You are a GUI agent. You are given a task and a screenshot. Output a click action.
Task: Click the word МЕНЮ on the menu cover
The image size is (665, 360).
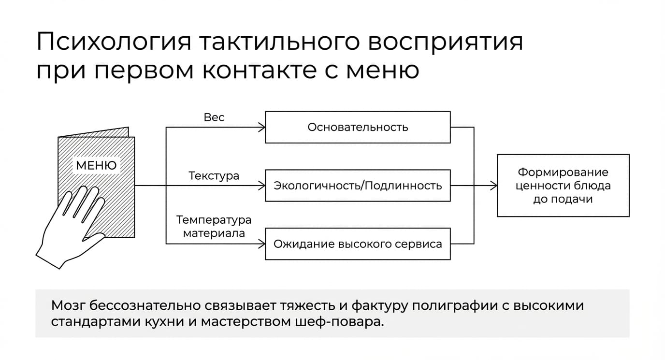tap(96, 165)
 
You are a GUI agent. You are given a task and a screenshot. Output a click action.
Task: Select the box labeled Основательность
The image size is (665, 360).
tap(358, 127)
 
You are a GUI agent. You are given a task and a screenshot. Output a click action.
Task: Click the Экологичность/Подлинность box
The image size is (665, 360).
tap(358, 186)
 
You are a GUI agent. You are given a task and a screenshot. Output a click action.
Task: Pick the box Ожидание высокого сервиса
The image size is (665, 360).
tap(358, 244)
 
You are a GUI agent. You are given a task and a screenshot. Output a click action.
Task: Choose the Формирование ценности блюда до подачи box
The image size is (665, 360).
tap(563, 186)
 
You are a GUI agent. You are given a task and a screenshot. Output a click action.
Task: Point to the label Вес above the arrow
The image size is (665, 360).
tap(214, 117)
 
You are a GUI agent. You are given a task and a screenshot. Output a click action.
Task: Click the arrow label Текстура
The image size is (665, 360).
tap(214, 176)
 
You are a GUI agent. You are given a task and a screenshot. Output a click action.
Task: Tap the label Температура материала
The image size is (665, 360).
tap(214, 227)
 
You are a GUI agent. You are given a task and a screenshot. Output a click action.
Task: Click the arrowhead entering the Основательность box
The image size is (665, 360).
tap(262, 128)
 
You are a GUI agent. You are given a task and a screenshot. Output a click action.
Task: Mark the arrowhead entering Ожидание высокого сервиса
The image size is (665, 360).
tap(262, 244)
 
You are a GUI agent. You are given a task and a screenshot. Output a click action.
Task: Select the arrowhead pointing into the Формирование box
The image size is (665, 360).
tap(494, 186)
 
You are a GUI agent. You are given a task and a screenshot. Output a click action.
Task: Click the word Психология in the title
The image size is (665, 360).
tap(114, 42)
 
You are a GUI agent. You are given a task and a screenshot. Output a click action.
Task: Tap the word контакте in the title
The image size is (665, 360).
tap(259, 71)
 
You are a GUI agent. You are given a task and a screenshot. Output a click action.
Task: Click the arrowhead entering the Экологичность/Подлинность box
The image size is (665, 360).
tap(262, 186)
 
